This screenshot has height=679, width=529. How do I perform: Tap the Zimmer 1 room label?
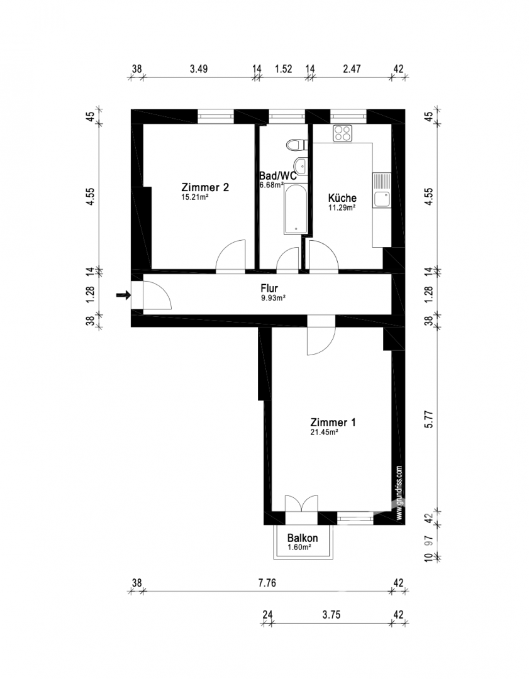click(333, 422)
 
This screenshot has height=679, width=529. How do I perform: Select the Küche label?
click(342, 197)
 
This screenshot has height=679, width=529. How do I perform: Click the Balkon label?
click(302, 538)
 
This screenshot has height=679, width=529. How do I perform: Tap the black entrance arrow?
click(123, 295)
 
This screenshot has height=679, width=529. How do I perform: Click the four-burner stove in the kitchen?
click(343, 133)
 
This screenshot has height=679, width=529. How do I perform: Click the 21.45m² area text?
click(325, 433)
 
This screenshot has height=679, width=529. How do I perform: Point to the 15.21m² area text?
click(194, 197)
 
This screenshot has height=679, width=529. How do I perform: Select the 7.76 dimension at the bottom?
click(267, 583)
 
